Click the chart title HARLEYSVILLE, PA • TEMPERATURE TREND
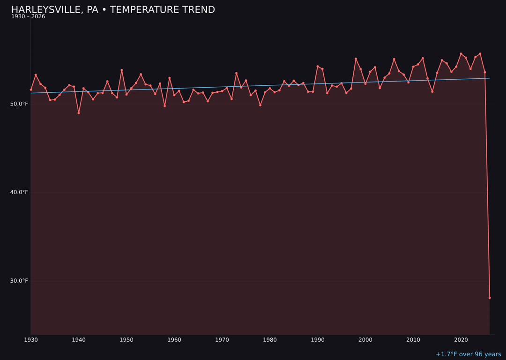tap(113, 10)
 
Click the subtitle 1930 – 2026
tap(28, 17)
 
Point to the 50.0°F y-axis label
tap(19, 104)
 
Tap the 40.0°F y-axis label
tap(19, 192)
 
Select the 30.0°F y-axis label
tap(19, 281)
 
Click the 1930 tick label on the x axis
tap(31, 340)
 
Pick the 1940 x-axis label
tap(79, 340)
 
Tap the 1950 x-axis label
tap(126, 340)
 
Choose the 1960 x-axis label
tap(174, 340)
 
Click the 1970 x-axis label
tap(222, 340)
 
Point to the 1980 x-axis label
tap(270, 340)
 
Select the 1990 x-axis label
tap(318, 340)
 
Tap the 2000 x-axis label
tap(365, 340)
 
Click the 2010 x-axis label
tap(413, 340)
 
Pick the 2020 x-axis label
tap(461, 340)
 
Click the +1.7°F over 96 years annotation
tap(468, 354)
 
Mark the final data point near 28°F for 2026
tap(490, 298)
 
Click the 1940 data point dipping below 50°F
tap(79, 113)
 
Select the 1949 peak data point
tap(122, 70)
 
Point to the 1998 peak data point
tap(356, 59)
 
